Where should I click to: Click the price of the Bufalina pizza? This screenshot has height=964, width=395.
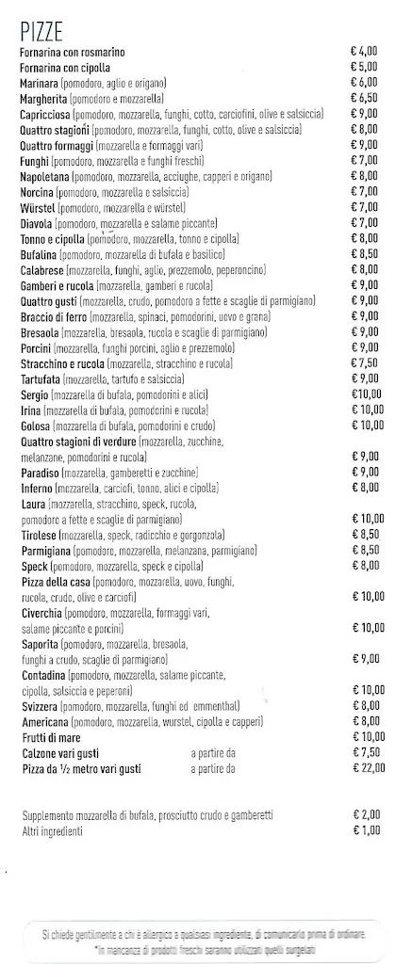[x=364, y=254]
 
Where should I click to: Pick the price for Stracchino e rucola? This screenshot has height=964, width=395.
[x=364, y=362]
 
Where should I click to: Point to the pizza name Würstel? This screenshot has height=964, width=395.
[x=37, y=207]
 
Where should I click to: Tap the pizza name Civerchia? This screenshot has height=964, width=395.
[x=41, y=613]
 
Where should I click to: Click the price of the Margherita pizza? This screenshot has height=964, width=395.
[x=364, y=98]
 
